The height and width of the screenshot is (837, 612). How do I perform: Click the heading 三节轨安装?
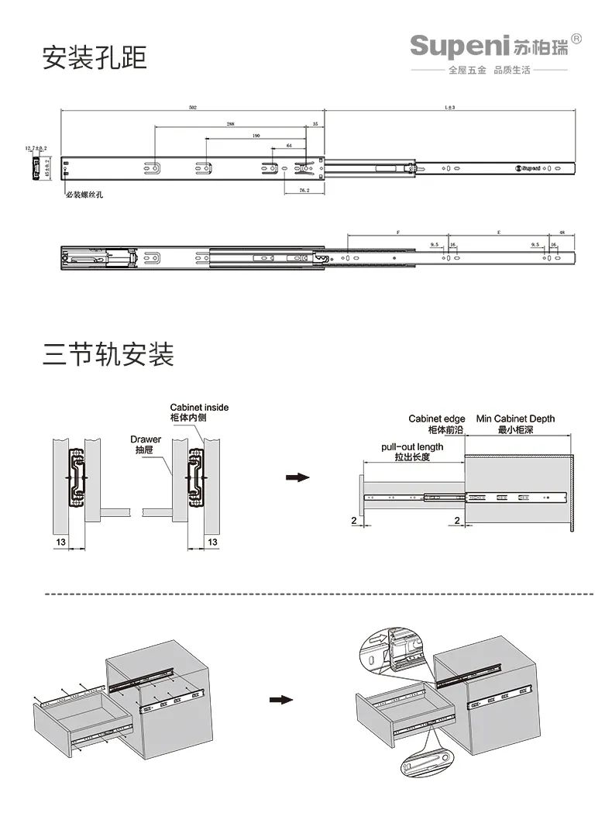pyautogui.click(x=108, y=353)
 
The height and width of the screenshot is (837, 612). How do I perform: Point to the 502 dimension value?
pyautogui.click(x=192, y=108)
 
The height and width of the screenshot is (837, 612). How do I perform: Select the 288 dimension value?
pyautogui.click(x=231, y=123)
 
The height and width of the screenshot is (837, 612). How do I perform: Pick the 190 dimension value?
pyautogui.click(x=256, y=135)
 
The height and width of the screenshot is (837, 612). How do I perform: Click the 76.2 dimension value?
pyautogui.click(x=304, y=190)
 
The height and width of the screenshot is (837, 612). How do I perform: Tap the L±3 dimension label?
pyautogui.click(x=449, y=108)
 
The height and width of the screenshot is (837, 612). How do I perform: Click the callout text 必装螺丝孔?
pyautogui.click(x=84, y=195)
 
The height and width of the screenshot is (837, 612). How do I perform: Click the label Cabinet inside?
pyautogui.click(x=199, y=407)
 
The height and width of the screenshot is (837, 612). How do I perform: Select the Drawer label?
pyautogui.click(x=146, y=439)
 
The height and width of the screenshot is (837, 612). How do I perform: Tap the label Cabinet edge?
pyautogui.click(x=437, y=419)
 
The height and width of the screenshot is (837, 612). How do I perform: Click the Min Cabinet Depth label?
pyautogui.click(x=515, y=419)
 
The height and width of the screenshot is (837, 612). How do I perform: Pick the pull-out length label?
pyautogui.click(x=412, y=447)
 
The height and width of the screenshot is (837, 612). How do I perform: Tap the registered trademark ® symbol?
pyautogui.click(x=576, y=39)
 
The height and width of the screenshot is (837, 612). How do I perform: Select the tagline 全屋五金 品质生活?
pyautogui.click(x=490, y=71)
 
